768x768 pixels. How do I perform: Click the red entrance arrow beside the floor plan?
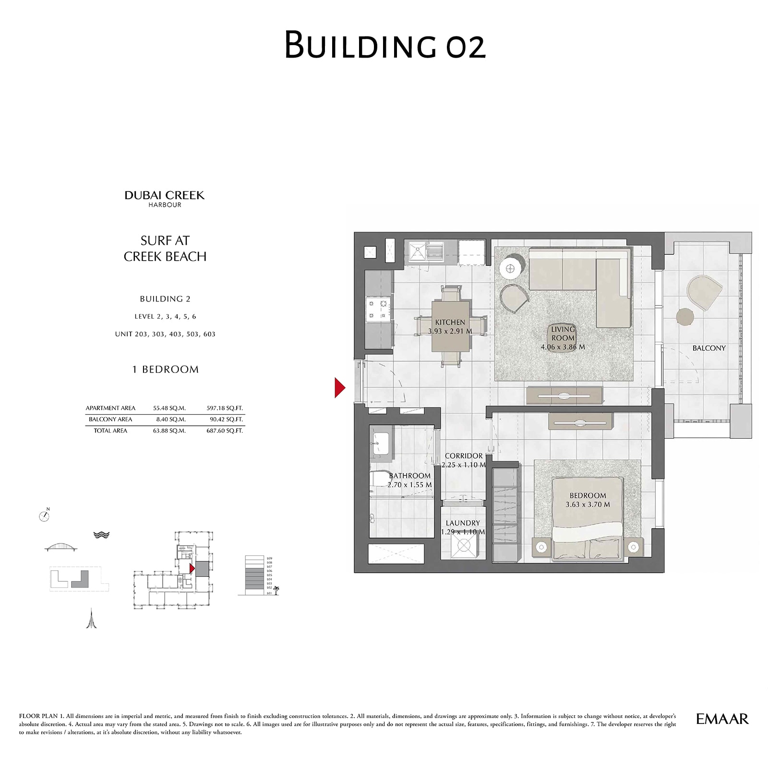[339, 388]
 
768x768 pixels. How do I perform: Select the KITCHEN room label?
[450, 323]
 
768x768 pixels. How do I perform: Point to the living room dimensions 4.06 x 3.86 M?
[563, 347]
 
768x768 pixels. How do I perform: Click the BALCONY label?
[708, 348]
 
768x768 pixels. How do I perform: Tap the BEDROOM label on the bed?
[588, 495]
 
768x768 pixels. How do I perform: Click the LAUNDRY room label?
[462, 523]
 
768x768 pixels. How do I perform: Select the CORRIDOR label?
[463, 456]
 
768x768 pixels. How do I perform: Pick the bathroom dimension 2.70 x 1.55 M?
[409, 485]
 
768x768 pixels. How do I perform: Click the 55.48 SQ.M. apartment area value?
[169, 408]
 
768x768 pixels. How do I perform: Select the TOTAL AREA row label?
[110, 431]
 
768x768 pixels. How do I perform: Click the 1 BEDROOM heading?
[165, 369]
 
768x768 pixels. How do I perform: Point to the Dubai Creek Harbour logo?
[165, 198]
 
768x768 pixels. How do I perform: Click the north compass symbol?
[44, 516]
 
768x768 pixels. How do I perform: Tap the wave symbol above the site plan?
[101, 535]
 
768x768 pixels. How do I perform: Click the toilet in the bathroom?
[379, 480]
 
